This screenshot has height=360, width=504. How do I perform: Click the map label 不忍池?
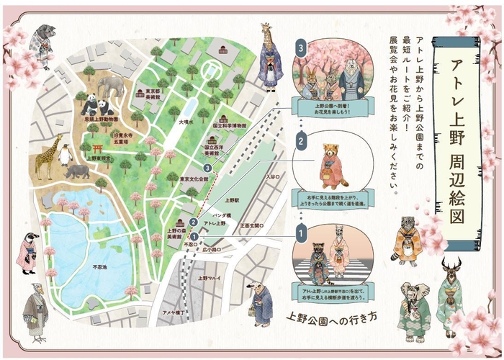click(x=100, y=267)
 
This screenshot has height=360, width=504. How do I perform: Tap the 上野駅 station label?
click(x=232, y=199)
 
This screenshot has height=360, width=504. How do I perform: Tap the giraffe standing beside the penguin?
click(x=45, y=156)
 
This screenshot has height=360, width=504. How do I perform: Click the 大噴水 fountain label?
click(x=186, y=123)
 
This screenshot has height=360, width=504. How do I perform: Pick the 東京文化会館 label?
click(x=194, y=178)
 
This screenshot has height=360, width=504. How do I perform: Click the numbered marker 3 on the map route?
click(x=207, y=168)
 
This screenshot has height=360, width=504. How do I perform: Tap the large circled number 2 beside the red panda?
click(x=302, y=142)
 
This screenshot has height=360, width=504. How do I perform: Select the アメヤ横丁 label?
click(x=174, y=312)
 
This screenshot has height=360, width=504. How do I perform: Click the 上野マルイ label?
click(x=212, y=277)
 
